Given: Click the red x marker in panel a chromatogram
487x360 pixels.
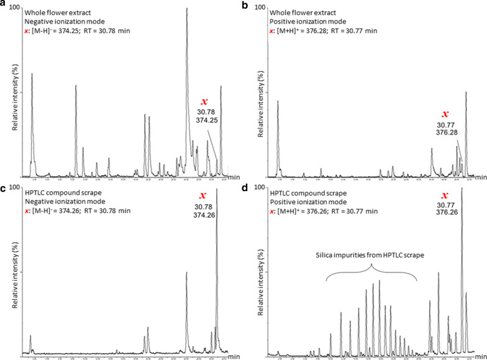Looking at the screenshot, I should click(x=203, y=101).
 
